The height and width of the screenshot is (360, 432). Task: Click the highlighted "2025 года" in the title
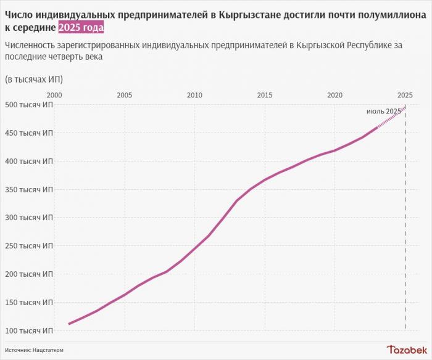point(81,28)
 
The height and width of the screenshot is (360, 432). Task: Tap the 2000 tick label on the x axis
point(54,95)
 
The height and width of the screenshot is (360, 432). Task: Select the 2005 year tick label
point(124,95)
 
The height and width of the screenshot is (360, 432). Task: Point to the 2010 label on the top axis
point(194,95)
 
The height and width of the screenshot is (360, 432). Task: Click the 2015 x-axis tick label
point(265,95)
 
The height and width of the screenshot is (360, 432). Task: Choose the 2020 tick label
point(335,95)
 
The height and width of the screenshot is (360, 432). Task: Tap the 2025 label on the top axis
point(405,95)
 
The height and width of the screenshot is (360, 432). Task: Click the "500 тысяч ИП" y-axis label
point(29,105)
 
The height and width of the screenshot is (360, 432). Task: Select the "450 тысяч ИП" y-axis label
point(29,133)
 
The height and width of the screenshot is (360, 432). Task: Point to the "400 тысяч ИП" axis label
point(29,161)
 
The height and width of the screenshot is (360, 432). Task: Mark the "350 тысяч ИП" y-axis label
point(29,189)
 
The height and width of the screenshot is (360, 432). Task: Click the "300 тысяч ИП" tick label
point(29,218)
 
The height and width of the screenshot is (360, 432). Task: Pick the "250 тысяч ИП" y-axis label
point(29,245)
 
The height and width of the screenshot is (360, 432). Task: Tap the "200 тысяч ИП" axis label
point(29,274)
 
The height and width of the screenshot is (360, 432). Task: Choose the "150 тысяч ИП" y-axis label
point(29,302)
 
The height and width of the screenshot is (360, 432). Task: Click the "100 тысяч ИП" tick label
point(29,330)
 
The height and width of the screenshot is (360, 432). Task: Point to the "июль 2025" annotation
point(383,111)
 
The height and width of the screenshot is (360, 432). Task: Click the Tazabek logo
point(406,350)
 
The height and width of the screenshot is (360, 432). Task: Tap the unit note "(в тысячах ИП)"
point(33,79)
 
